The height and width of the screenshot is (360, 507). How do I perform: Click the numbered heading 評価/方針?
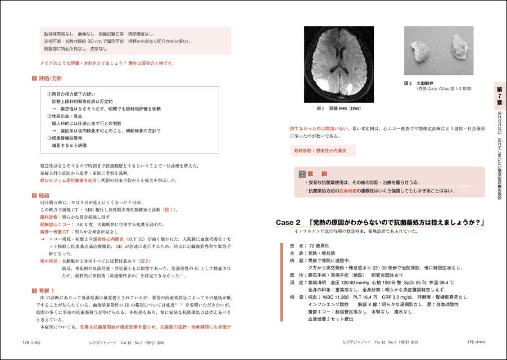click(x=51, y=77)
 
